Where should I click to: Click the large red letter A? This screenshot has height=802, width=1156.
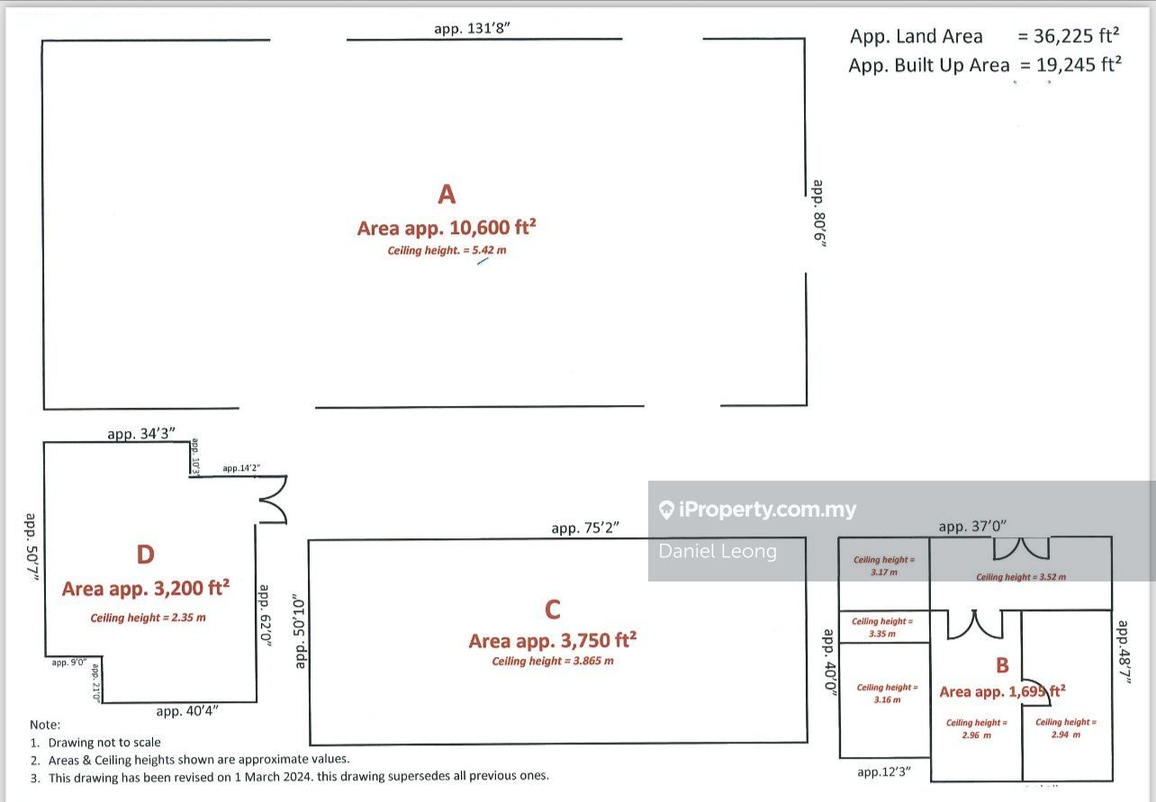(x=447, y=194)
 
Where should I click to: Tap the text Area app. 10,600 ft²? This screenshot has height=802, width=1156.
(x=447, y=228)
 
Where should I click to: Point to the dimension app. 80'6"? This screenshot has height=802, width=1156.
(x=818, y=214)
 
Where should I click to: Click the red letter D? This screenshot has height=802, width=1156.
(x=145, y=555)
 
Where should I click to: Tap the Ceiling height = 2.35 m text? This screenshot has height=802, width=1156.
(x=148, y=617)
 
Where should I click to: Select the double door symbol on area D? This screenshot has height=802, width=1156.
(x=272, y=500)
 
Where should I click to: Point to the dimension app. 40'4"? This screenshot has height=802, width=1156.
(x=187, y=711)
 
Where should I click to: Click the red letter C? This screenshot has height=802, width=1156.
(x=553, y=610)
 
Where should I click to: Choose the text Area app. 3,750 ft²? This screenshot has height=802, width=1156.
(x=553, y=641)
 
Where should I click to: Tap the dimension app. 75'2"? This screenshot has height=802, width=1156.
(x=585, y=528)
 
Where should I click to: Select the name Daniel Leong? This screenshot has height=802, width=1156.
(x=718, y=551)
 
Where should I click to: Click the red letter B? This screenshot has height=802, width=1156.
(x=1002, y=666)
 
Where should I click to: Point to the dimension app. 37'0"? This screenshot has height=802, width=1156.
(x=972, y=526)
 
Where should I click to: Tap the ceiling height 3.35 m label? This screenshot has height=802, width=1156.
(x=882, y=627)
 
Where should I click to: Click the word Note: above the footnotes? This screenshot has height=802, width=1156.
(x=45, y=725)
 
